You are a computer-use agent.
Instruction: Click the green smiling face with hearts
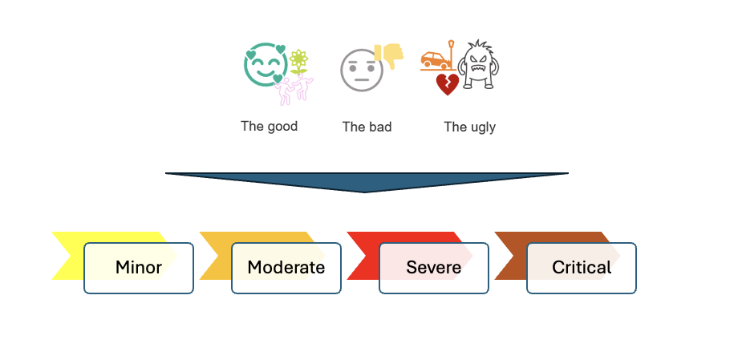(266, 65)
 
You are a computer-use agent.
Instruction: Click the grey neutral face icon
(362, 70)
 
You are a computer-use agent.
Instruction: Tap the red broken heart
(447, 84)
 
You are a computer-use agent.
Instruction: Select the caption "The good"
(269, 127)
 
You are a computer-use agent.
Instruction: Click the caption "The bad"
(367, 127)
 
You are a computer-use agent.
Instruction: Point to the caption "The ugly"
(469, 127)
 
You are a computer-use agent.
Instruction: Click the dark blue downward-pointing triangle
(367, 182)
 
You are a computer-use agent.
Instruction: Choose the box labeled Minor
(139, 268)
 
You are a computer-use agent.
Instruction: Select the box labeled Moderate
(286, 268)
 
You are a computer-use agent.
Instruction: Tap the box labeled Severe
(434, 268)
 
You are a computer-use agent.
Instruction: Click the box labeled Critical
(582, 268)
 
